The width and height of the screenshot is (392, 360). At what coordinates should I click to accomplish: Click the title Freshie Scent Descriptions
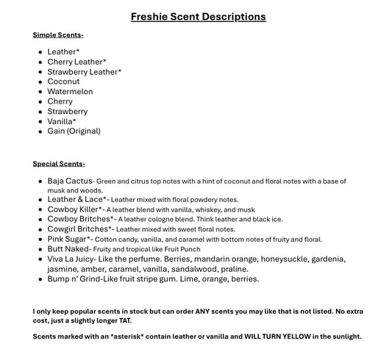[x=198, y=16]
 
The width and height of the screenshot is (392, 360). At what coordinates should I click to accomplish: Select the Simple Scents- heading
[x=58, y=35]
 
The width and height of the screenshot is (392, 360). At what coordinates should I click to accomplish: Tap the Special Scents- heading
[x=59, y=164]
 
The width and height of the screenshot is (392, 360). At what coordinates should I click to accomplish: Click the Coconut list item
[x=63, y=82]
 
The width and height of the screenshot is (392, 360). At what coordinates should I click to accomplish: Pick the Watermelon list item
[x=70, y=92]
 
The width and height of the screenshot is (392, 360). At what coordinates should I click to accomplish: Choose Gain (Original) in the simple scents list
[x=74, y=132]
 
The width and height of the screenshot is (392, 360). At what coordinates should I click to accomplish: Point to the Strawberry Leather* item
[x=84, y=72]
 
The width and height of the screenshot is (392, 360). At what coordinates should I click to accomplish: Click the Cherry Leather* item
[x=76, y=62]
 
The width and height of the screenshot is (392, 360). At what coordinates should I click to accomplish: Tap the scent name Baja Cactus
[x=70, y=181]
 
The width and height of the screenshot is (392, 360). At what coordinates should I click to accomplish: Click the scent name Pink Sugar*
[x=69, y=239]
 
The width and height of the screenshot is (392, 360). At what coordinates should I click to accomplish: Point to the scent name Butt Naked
[x=68, y=249]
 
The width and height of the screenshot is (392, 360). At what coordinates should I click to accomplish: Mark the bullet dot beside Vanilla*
[x=40, y=122]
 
